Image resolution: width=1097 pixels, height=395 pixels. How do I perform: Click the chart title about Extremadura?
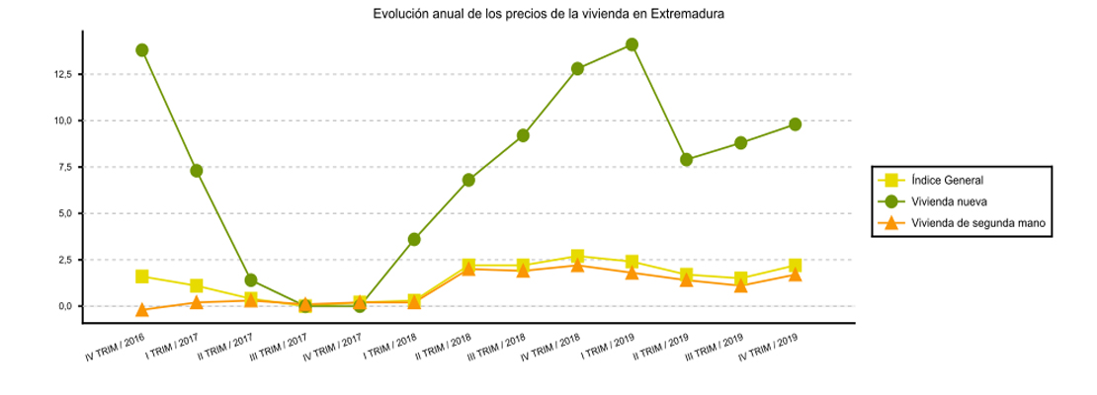coord(548,15)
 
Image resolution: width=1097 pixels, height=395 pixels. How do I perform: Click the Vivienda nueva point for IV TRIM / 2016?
coord(142,50)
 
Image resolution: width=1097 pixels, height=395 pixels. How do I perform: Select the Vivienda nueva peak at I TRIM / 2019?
coord(632,44)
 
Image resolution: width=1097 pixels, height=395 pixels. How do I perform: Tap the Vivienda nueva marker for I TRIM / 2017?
coord(197,171)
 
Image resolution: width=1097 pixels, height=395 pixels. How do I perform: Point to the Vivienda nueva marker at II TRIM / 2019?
coord(686,160)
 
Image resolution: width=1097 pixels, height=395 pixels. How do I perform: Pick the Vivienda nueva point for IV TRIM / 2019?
coord(795,124)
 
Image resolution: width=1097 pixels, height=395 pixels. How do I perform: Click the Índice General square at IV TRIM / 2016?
coord(142,276)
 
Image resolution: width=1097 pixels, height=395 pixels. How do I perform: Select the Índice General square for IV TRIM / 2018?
coord(577,257)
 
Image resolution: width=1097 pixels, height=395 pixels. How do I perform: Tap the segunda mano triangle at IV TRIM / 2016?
coord(142,310)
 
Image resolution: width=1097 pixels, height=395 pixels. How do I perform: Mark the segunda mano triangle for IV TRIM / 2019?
coord(795,275)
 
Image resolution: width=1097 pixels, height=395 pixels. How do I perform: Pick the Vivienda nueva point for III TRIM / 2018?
coord(523,135)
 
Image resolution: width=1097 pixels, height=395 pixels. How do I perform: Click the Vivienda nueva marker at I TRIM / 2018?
coord(414,239)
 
